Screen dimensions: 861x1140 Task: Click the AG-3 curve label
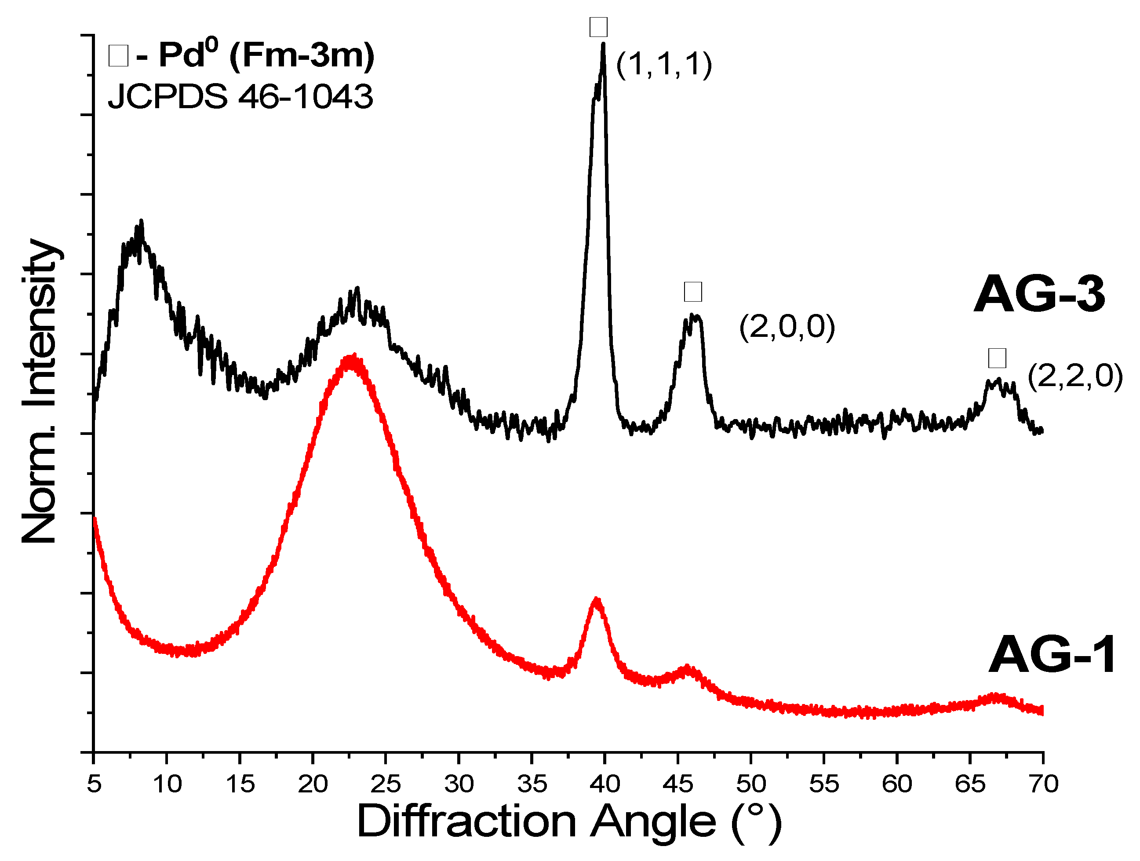coord(1039,294)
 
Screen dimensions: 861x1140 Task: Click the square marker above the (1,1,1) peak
coord(598,27)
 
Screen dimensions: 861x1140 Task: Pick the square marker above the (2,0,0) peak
coord(692,292)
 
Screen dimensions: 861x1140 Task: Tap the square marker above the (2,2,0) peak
coord(997,358)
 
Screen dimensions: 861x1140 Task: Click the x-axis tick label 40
coord(605,784)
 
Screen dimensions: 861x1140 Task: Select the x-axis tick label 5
coord(94,784)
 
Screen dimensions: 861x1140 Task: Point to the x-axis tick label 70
coord(1043,784)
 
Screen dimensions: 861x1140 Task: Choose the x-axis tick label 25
coord(386,784)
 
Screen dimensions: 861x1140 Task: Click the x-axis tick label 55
coord(824,784)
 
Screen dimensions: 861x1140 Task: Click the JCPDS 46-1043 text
coord(240,96)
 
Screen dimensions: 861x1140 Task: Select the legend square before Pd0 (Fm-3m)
coord(118,56)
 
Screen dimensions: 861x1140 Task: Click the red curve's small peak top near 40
coord(597,600)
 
